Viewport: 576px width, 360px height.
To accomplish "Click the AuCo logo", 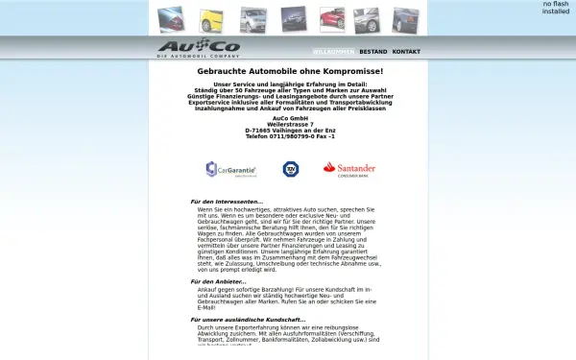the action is tap(199, 47).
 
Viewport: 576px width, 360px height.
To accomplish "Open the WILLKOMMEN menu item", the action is tap(333, 51).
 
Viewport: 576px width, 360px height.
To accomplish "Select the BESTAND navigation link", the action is tap(373, 51).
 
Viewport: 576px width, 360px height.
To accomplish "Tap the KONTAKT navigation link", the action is tap(406, 51).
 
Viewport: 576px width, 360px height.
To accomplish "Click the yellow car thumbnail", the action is tap(212, 19).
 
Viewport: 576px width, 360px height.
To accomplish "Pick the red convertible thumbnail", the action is tap(332, 18).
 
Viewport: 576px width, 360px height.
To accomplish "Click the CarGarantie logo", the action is tap(231, 170).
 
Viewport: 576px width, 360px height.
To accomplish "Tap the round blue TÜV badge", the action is tap(290, 169).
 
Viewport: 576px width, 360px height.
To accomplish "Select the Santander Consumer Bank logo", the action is tap(348, 169).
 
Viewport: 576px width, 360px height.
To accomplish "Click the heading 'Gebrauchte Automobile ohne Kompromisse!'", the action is tap(290, 71).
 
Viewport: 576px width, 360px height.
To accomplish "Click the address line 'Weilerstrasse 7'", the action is tap(290, 123).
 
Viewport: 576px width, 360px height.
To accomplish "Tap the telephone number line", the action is tap(290, 136).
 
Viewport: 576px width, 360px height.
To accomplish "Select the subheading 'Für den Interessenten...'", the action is tap(226, 202).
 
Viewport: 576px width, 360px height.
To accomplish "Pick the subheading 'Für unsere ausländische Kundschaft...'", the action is tap(248, 320).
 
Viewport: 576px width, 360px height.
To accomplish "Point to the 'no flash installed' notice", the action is tap(556, 8).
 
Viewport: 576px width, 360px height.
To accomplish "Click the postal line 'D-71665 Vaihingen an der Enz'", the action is tap(290, 130).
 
